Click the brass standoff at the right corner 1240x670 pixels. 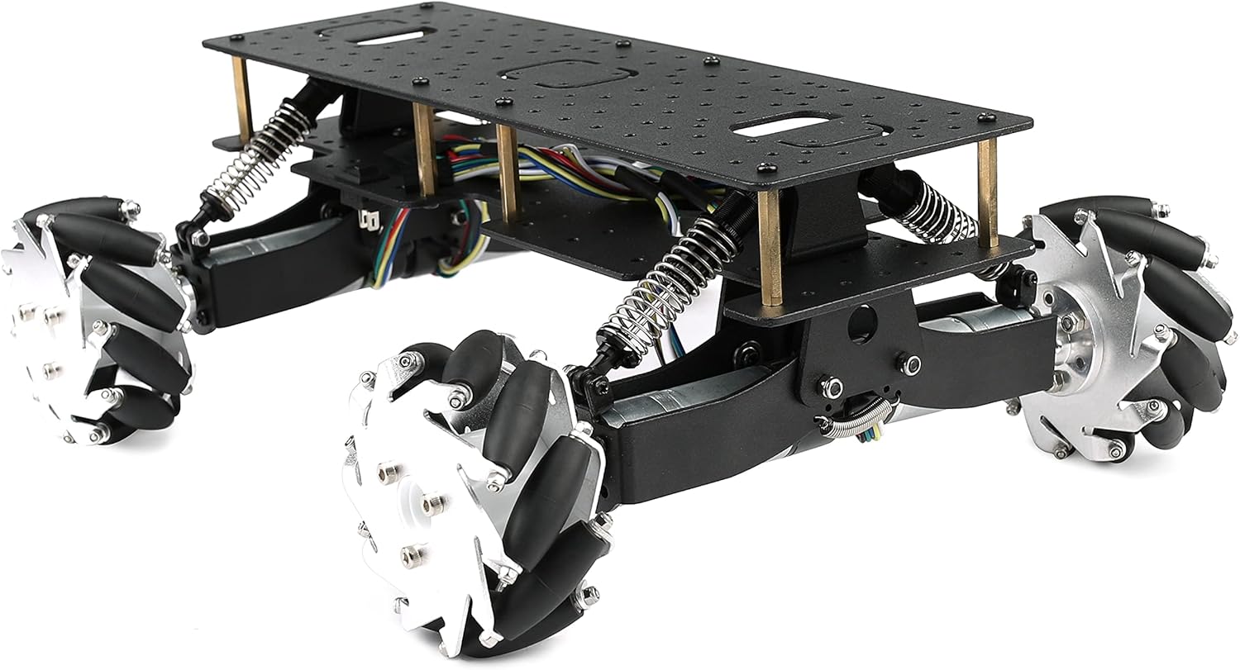pos(987,194)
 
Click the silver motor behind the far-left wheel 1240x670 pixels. pos(248,256)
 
